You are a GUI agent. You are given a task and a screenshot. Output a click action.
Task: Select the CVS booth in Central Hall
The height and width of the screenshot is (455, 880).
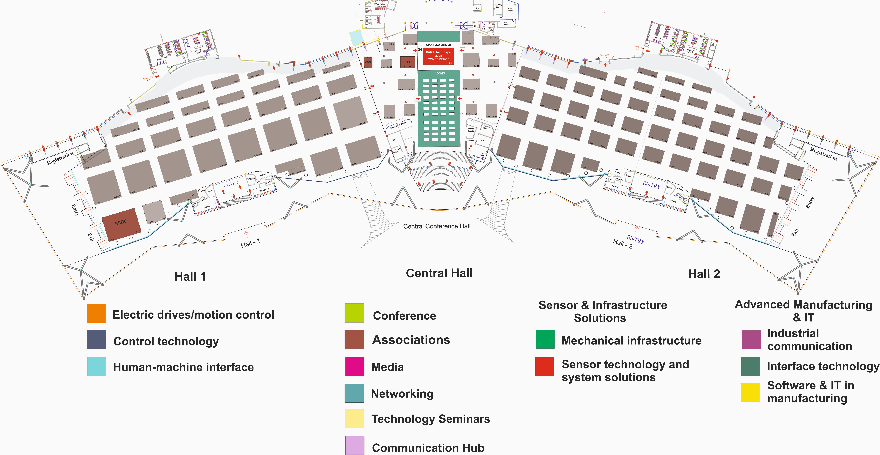368,62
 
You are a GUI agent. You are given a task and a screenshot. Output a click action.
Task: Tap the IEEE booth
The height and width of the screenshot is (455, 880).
407,62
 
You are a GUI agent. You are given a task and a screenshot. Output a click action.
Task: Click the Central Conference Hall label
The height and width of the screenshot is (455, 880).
437,226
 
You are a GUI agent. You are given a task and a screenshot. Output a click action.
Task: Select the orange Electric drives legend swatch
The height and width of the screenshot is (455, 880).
96,313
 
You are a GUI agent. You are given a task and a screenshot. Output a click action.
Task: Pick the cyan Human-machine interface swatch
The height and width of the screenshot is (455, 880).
97,366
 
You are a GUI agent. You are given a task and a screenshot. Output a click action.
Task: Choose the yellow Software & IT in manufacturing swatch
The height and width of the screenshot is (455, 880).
750,392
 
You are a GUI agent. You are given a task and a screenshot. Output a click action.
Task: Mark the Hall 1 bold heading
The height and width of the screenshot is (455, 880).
190,276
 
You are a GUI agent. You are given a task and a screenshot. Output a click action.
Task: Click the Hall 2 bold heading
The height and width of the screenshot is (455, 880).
704,274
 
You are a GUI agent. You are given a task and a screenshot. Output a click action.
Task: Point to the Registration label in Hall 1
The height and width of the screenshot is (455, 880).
60,158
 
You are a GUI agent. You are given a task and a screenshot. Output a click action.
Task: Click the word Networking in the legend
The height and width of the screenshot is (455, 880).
402,393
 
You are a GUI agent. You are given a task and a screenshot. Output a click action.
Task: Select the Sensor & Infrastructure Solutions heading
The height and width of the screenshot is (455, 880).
603,311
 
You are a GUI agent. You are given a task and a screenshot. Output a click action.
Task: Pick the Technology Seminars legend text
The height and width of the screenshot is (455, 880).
430,419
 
